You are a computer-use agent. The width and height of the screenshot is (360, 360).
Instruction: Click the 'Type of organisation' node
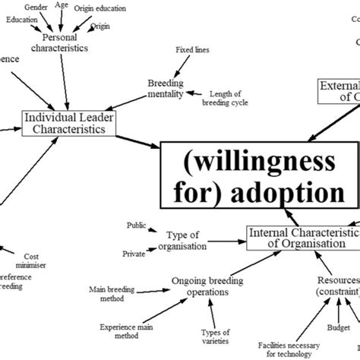[x=188, y=241]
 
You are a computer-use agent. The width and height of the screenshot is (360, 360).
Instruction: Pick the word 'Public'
[x=137, y=226]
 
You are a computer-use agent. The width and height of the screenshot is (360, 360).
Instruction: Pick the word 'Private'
[x=134, y=253]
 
